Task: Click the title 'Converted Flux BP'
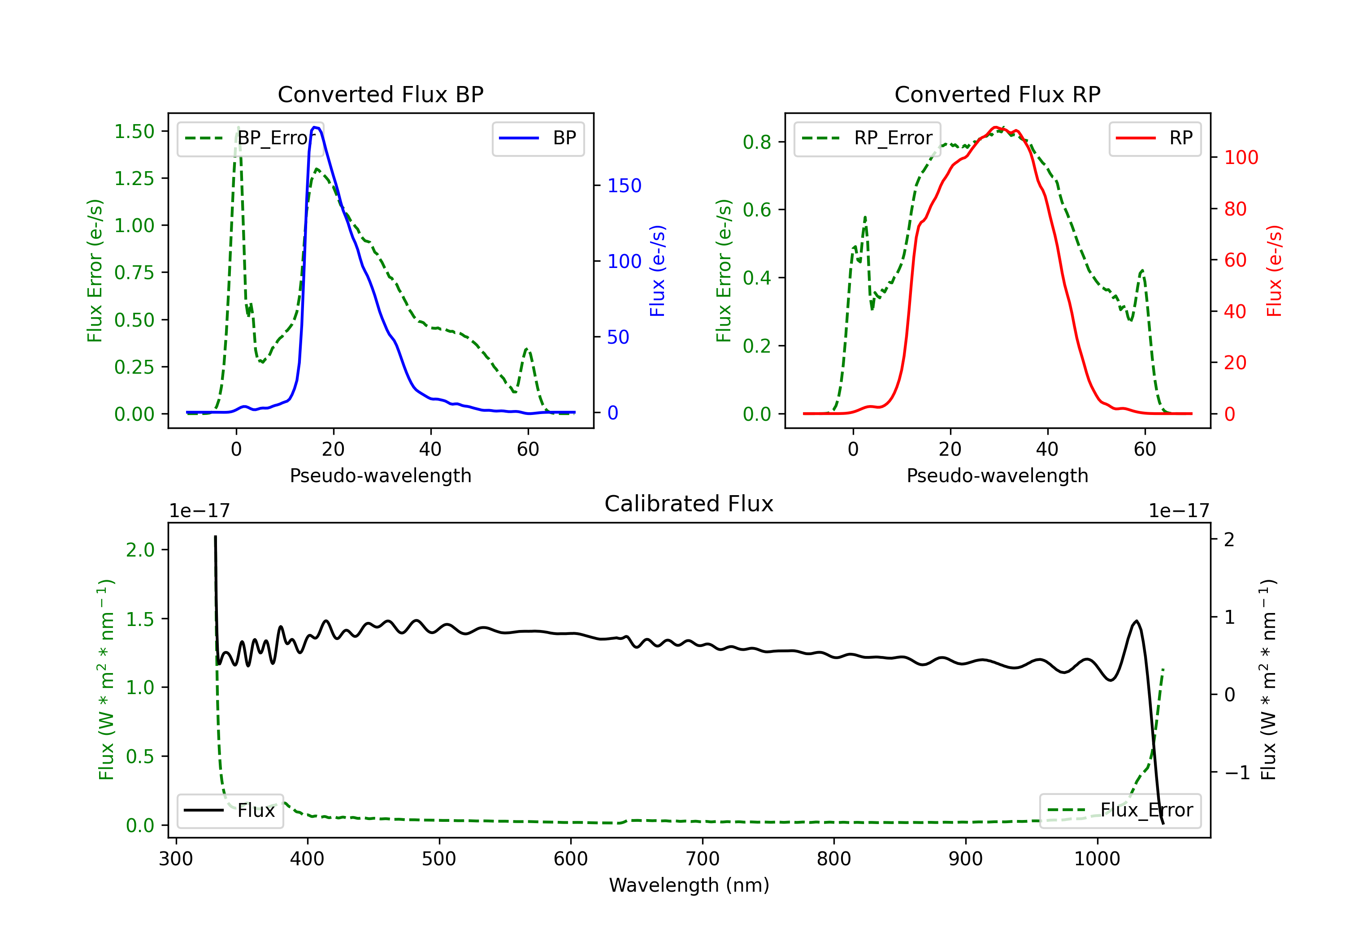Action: pyautogui.click(x=380, y=94)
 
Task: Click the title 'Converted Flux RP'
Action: pyautogui.click(x=997, y=94)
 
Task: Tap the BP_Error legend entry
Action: pyautogui.click(x=250, y=138)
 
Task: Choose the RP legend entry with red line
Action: pyautogui.click(x=1154, y=138)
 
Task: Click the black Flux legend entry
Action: pyautogui.click(x=230, y=811)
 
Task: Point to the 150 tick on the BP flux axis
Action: pyautogui.click(x=624, y=186)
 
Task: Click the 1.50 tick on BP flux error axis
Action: pyautogui.click(x=134, y=131)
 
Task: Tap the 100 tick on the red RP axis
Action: pyautogui.click(x=1241, y=158)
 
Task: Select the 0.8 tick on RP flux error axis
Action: pyautogui.click(x=756, y=142)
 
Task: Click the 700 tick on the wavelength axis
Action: pyautogui.click(x=703, y=859)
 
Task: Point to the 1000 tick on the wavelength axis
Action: pyautogui.click(x=1097, y=859)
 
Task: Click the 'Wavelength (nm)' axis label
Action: pyautogui.click(x=689, y=885)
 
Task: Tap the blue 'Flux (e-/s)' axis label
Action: pyautogui.click(x=657, y=271)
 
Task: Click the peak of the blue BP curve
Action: pyautogui.click(x=315, y=127)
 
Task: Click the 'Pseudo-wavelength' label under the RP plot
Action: pyautogui.click(x=997, y=475)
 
